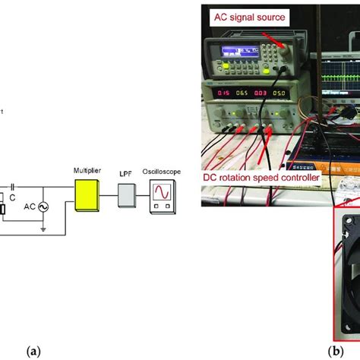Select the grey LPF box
126,200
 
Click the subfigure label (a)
33,351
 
